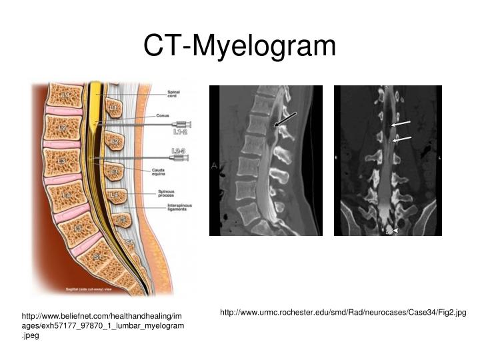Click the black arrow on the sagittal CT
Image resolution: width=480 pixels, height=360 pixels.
point(285,119)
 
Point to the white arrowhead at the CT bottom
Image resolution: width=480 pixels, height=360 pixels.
point(396,231)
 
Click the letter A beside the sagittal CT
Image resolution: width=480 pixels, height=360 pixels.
point(214,165)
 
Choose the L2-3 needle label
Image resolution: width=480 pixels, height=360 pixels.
point(179,151)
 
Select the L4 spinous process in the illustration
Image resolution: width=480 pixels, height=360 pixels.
point(115,195)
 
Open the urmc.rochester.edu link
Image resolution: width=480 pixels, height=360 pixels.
point(343,312)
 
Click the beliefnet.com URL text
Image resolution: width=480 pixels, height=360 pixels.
point(101,324)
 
